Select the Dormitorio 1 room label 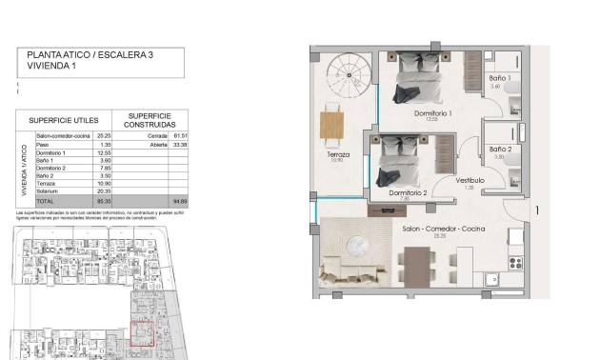433,113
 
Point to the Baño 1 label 500,78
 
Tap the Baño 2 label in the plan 501,150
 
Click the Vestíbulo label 470,180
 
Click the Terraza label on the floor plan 336,154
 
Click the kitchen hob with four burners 517,260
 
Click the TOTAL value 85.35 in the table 106,202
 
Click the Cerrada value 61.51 179,136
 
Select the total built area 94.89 179,202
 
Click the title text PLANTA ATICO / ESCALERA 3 90,56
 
